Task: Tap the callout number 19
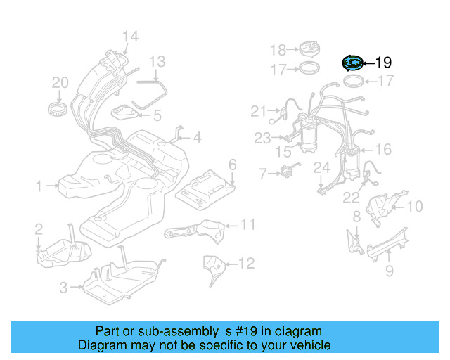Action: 383,63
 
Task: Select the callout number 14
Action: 130,37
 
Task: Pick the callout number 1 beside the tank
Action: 39,186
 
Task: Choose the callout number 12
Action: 245,264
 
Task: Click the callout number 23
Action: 262,139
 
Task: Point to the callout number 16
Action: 383,149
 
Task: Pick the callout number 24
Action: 321,167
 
